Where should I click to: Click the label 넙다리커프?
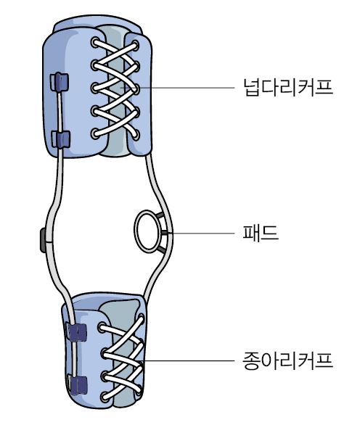point(288,87)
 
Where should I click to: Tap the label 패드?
point(261,233)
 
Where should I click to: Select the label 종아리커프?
point(288,360)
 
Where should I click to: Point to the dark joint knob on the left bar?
point(43,240)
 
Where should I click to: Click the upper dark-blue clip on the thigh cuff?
point(59,82)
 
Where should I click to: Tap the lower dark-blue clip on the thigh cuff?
point(61,139)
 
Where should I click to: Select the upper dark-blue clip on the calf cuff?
point(77,332)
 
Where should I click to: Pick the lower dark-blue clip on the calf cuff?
point(78,385)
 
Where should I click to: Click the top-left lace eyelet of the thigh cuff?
point(95,43)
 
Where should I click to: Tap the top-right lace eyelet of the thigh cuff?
point(136,45)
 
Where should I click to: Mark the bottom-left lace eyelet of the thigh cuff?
point(95,134)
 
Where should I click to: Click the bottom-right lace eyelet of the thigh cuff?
point(136,135)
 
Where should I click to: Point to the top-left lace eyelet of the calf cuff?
point(102,327)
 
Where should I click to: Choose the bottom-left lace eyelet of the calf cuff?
point(105,397)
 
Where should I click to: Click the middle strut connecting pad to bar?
point(164,232)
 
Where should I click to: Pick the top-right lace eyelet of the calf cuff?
point(141,319)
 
